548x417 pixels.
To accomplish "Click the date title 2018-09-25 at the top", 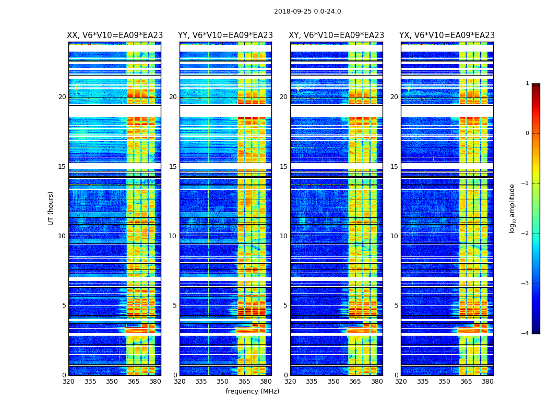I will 307,11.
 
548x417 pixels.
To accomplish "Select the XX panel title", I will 115,35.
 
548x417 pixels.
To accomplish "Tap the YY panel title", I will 225,35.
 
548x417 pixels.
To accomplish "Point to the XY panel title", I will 337,35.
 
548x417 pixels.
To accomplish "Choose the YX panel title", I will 447,35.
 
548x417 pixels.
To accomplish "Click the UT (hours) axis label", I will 51,208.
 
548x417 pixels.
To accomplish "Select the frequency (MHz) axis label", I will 252,391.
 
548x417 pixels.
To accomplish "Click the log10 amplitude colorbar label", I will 513,208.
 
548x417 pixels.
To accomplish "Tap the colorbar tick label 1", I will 527,83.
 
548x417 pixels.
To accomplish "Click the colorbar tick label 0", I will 527,133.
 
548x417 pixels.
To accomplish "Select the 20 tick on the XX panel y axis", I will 62,97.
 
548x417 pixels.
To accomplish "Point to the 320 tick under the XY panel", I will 290,382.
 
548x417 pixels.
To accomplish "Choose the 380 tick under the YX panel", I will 487,382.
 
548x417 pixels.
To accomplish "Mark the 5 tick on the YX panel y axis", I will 397,305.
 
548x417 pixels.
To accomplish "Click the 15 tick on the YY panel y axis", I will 172,167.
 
